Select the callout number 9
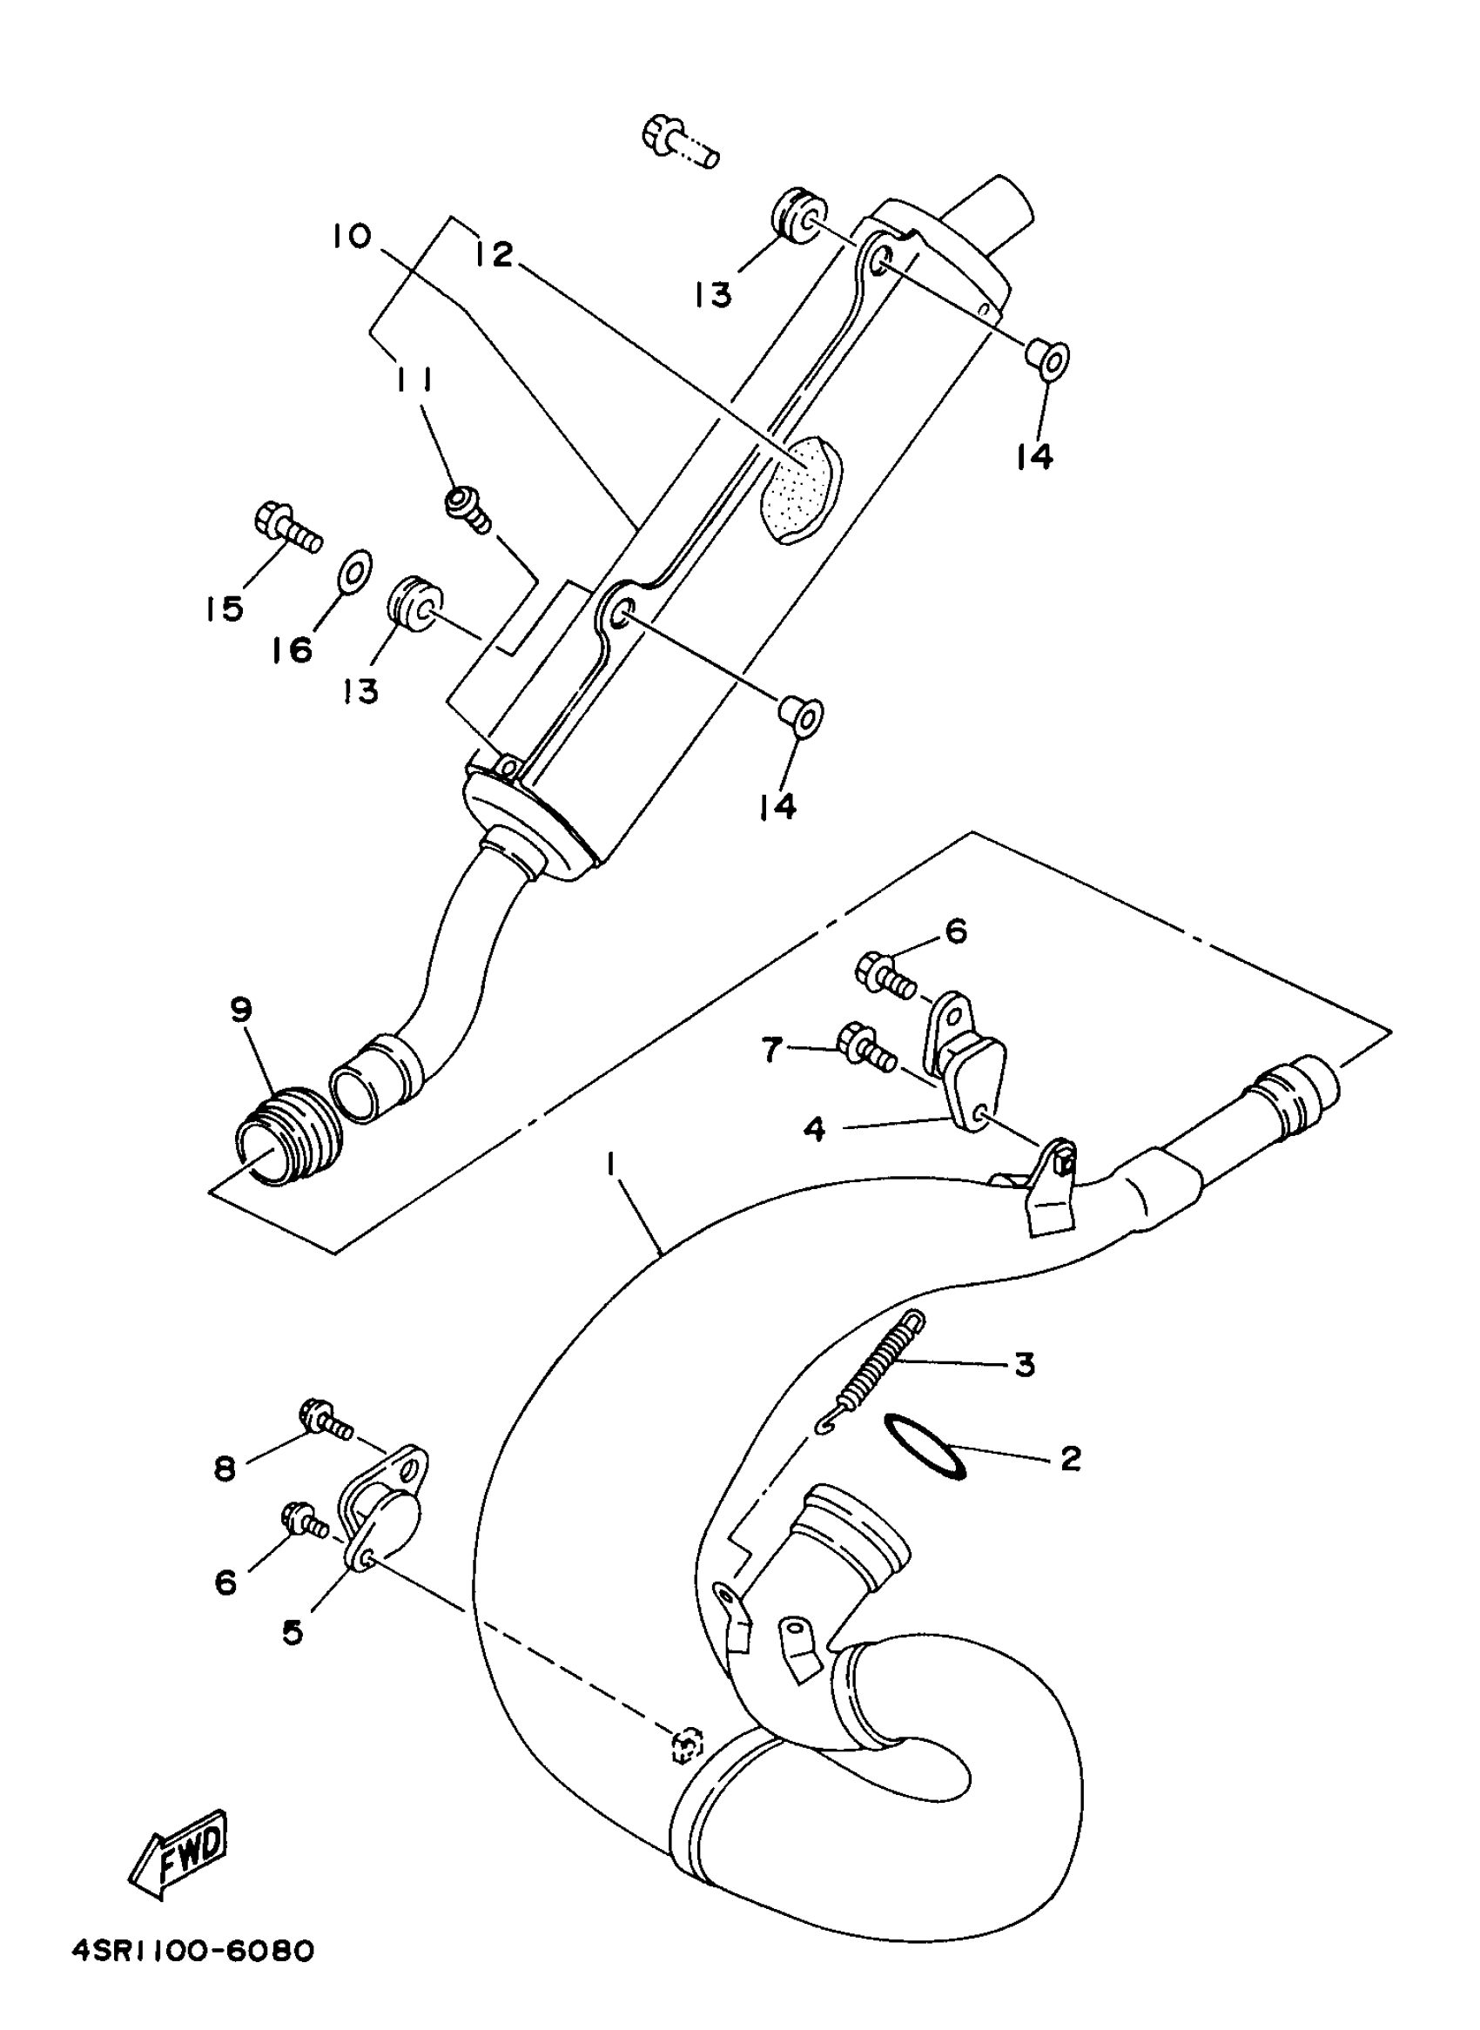241,1012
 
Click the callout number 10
351,237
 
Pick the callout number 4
813,1130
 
